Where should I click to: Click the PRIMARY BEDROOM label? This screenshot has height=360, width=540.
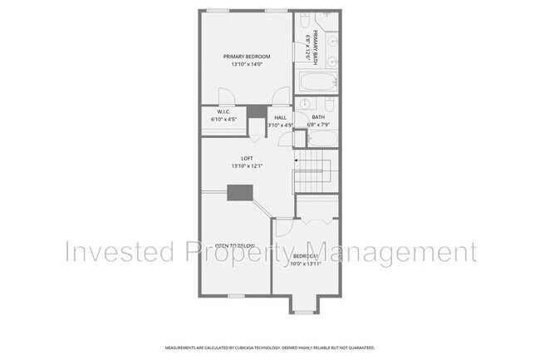click(x=247, y=57)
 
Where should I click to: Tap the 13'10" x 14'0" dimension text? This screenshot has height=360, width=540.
click(x=247, y=64)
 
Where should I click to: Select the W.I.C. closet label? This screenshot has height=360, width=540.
click(x=223, y=111)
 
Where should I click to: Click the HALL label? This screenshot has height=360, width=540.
click(x=281, y=117)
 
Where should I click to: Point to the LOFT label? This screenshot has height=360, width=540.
click(x=247, y=158)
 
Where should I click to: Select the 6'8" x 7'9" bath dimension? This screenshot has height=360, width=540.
click(x=319, y=125)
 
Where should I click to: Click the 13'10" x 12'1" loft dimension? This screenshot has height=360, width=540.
click(x=247, y=165)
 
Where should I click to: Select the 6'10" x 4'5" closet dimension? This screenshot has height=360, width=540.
click(x=224, y=119)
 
